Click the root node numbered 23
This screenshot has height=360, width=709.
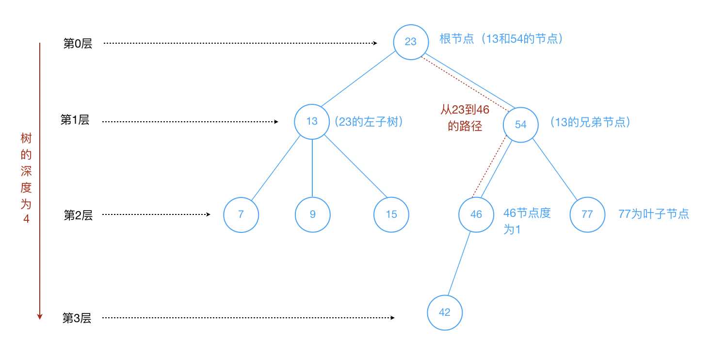[x=411, y=42]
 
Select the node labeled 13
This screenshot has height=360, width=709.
[x=312, y=122]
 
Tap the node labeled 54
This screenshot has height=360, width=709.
[x=521, y=125]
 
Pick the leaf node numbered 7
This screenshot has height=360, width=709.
[x=241, y=214]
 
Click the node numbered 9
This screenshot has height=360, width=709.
[x=312, y=214]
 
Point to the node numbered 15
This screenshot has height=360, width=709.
[x=391, y=214]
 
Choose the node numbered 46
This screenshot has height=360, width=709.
[x=476, y=214]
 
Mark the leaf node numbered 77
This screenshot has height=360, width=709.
[x=587, y=214]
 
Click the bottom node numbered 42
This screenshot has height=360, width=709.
[x=445, y=312]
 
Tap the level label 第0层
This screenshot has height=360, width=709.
[x=78, y=43]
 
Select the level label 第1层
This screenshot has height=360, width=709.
[x=75, y=120]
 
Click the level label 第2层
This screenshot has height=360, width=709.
[x=78, y=215]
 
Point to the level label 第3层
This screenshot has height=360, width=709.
[x=77, y=318]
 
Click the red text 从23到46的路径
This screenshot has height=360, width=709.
[x=465, y=118]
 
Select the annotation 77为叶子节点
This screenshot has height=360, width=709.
[x=654, y=214]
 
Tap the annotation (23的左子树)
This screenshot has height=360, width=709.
[x=369, y=122]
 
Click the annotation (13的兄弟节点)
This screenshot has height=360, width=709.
[x=591, y=122]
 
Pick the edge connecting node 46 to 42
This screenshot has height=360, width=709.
[x=459, y=263]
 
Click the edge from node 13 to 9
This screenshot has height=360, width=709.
[x=312, y=168]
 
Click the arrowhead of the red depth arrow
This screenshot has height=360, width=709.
[x=40, y=317]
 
